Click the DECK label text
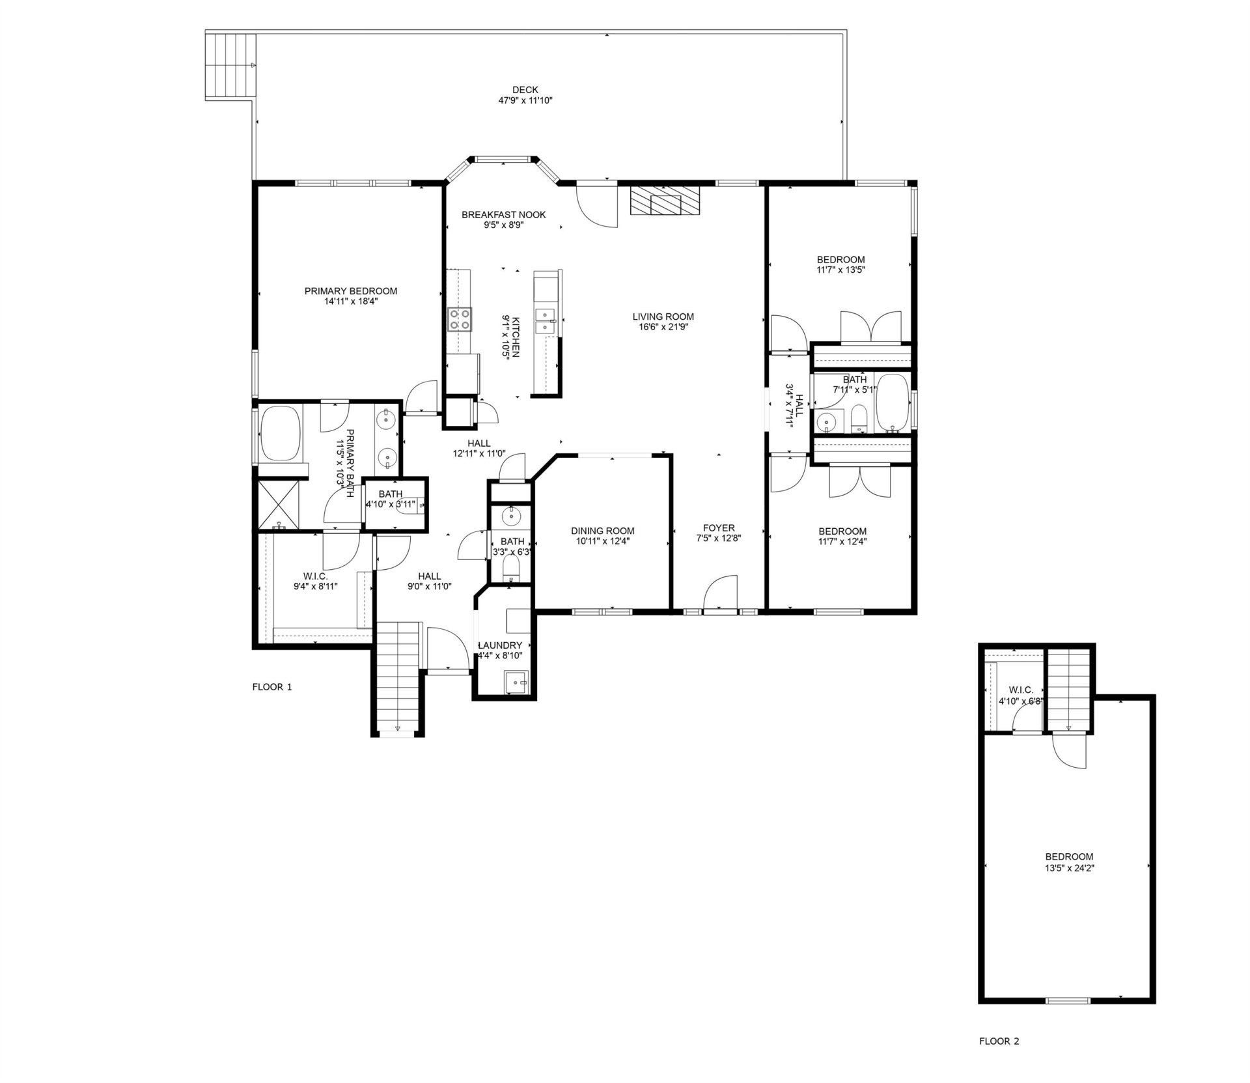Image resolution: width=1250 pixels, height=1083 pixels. [x=525, y=90]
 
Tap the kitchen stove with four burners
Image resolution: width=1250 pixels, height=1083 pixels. [x=460, y=320]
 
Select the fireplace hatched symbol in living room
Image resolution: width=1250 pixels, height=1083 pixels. [x=665, y=201]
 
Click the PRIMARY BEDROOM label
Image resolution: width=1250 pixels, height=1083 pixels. [x=350, y=291]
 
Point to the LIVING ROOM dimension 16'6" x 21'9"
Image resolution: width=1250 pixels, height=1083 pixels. [x=663, y=327]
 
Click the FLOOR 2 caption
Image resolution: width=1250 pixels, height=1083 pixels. [x=999, y=1060]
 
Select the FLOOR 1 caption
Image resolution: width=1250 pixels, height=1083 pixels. [x=272, y=686]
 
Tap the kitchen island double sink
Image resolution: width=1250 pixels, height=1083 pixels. [x=544, y=320]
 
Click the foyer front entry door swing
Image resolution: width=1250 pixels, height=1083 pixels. [x=721, y=593]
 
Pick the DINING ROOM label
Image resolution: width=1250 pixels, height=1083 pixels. [x=602, y=531]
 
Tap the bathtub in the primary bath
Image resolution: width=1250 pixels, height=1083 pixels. [x=281, y=432]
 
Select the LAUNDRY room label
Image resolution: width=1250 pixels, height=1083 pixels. [x=500, y=645]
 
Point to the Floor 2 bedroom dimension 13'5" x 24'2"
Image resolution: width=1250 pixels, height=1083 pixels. [x=1069, y=868]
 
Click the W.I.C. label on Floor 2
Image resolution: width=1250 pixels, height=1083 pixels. [x=1020, y=690]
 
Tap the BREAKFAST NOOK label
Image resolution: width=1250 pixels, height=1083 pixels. [x=503, y=215]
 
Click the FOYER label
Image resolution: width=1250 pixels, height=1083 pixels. [x=719, y=528]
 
